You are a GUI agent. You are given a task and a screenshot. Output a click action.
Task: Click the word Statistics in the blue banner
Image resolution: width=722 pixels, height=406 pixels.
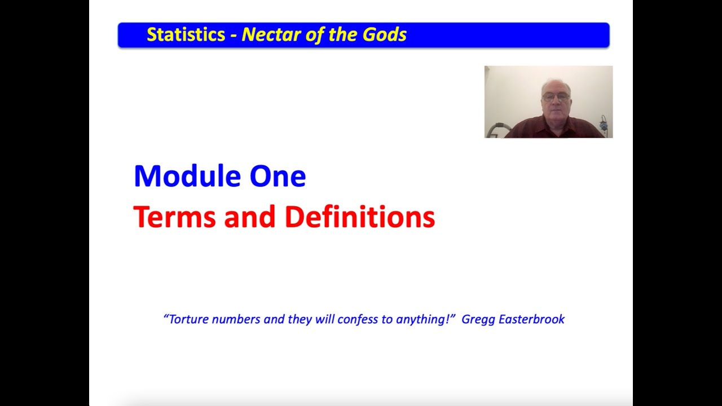pyautogui.click(x=186, y=35)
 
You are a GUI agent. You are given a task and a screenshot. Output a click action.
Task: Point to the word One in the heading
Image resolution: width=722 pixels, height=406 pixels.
pyautogui.click(x=278, y=176)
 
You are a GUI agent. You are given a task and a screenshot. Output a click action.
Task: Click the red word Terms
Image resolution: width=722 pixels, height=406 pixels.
pyautogui.click(x=174, y=217)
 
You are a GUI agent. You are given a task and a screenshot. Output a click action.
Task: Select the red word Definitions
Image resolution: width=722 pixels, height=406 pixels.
pyautogui.click(x=359, y=217)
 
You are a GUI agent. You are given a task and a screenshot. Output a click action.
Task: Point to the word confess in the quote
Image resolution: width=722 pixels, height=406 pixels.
pyautogui.click(x=358, y=320)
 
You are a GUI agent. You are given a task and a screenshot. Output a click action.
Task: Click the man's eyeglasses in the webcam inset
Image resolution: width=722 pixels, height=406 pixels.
pyautogui.click(x=556, y=97)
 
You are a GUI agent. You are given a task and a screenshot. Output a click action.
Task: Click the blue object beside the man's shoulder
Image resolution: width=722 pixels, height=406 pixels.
pyautogui.click(x=604, y=125)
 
